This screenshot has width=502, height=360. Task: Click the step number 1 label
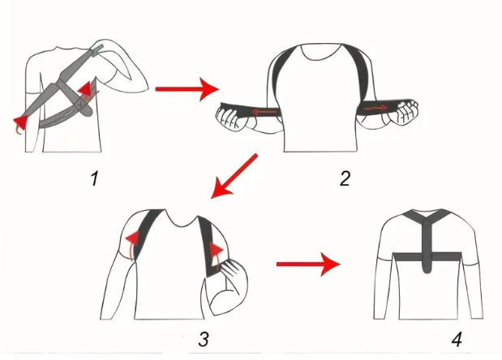pyautogui.click(x=95, y=177)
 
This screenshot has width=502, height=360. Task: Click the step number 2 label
pyautogui.click(x=345, y=178)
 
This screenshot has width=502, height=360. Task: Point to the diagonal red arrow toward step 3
pyautogui.click(x=234, y=176)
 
